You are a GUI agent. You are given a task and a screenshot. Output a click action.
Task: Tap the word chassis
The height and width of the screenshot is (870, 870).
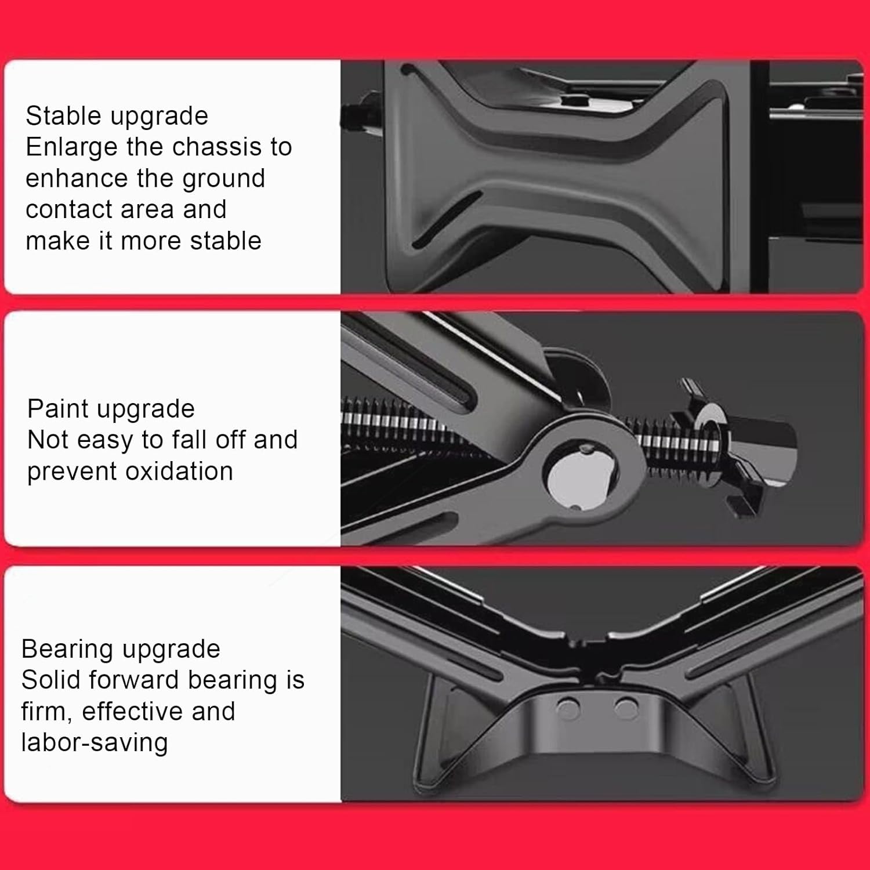click(x=218, y=147)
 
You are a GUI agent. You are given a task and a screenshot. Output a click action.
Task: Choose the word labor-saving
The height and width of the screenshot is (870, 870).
click(x=95, y=742)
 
